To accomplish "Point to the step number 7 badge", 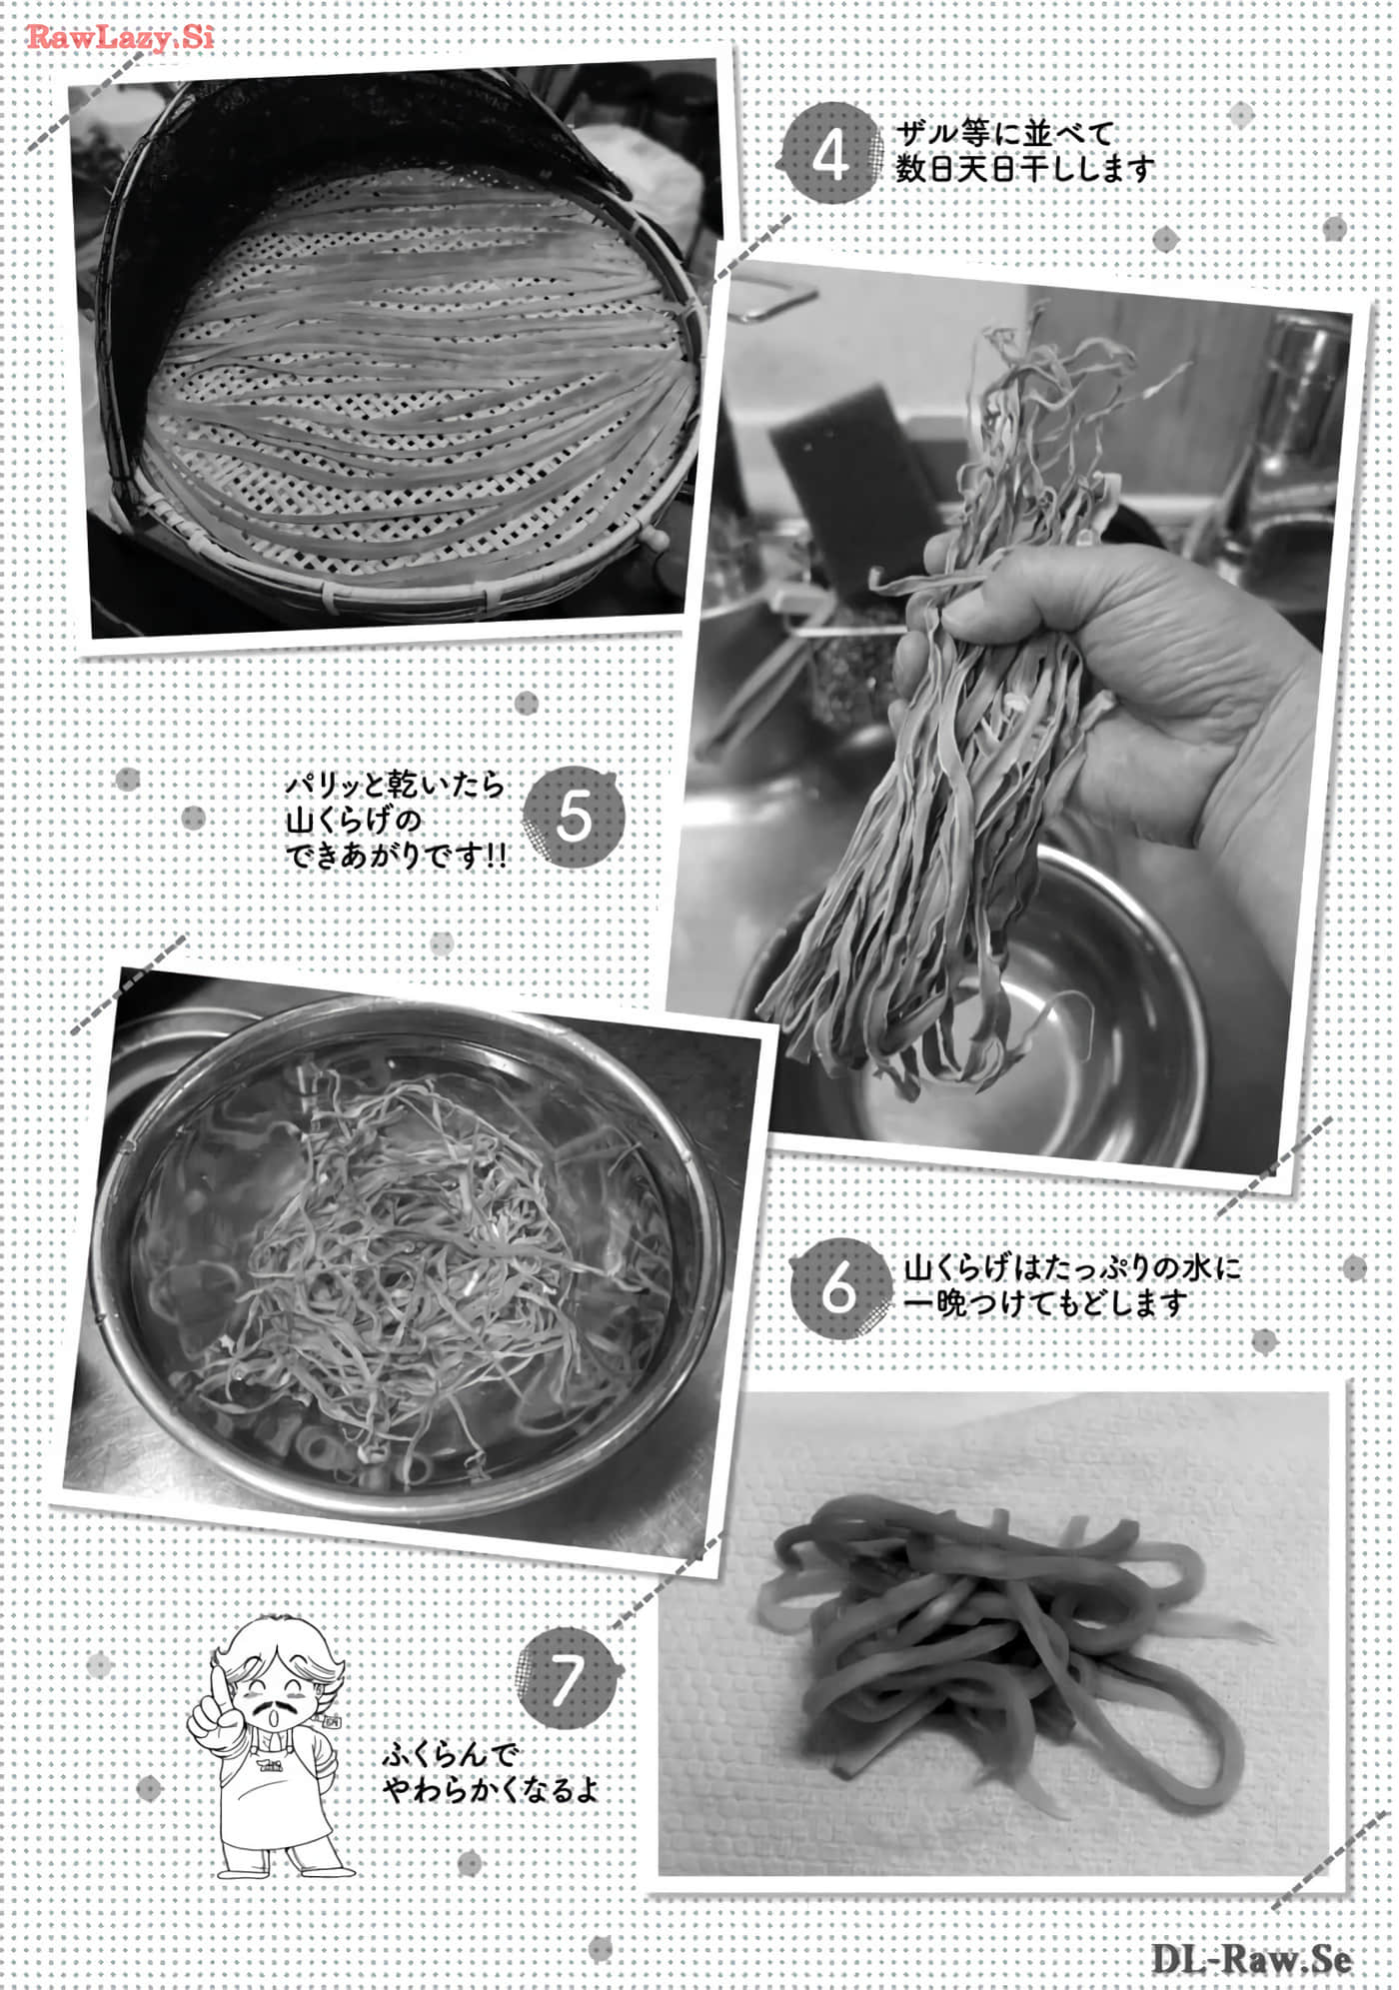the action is point(565,1682).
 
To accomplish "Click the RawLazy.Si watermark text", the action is point(120,38).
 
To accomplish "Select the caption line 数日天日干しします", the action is point(1025,168).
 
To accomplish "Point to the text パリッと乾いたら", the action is point(396,785).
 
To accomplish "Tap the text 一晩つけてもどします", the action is point(1045,1303).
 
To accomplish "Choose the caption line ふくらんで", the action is point(449,1754).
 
